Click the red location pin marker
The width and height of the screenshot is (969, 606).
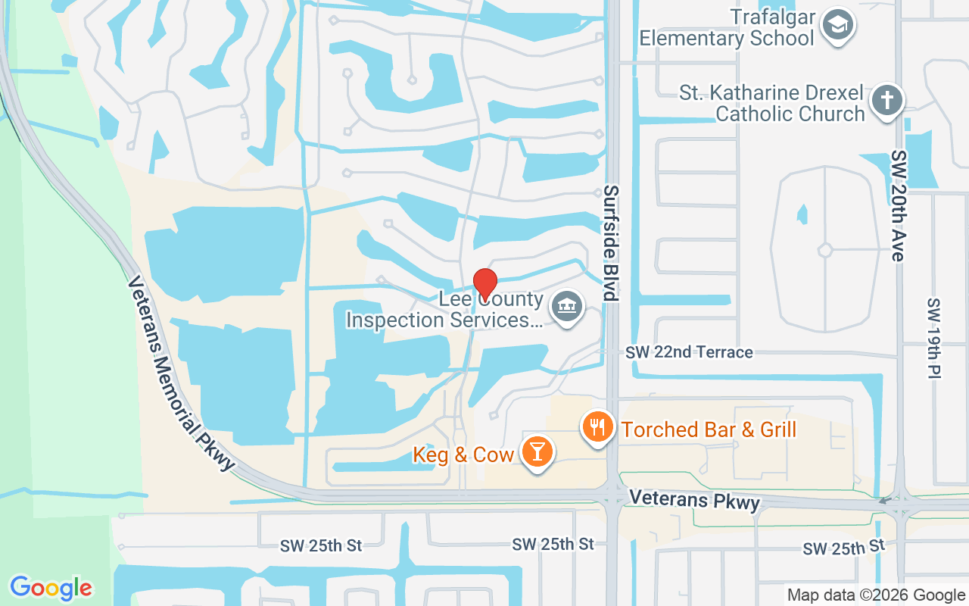[x=484, y=284]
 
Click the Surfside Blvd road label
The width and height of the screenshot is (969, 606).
[x=611, y=243]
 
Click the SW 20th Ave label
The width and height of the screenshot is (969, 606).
[x=898, y=205]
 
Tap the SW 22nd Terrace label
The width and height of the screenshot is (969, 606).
[x=689, y=352]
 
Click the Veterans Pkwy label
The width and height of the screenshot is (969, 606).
[x=694, y=500]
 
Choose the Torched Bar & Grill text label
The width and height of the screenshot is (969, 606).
[x=709, y=430]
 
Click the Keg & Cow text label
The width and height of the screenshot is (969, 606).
[x=463, y=454]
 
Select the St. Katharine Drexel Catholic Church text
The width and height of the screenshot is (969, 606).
[x=772, y=104]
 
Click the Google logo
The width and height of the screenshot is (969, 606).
[x=51, y=588]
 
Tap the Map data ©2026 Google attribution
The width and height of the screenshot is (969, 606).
[x=876, y=595]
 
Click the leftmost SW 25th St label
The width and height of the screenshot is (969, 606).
[x=322, y=545]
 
